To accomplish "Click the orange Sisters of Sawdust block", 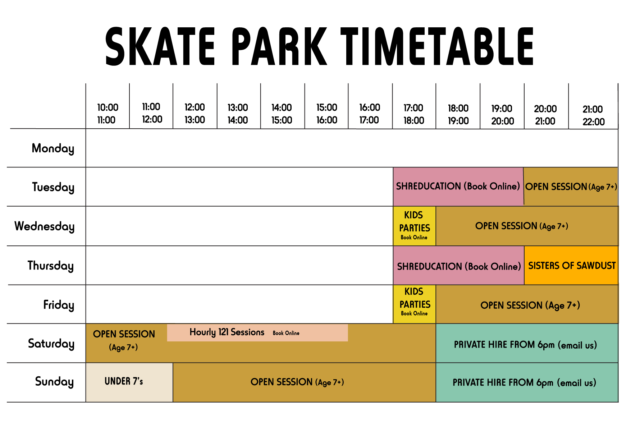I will [571, 265].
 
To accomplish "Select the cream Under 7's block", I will [129, 382].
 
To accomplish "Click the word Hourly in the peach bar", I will [202, 332].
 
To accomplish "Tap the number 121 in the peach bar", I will [223, 332].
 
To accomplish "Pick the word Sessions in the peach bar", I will [247, 332].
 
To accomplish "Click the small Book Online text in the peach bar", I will [286, 333].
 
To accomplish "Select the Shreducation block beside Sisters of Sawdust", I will [458, 266].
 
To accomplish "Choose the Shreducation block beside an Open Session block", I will [458, 186].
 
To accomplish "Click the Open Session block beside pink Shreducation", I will [571, 187].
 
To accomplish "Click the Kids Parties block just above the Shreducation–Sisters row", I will [414, 226].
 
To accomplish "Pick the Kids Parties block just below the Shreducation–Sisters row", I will [415, 304].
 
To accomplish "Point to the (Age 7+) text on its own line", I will [123, 348].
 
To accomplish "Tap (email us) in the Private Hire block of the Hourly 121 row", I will [577, 345].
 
